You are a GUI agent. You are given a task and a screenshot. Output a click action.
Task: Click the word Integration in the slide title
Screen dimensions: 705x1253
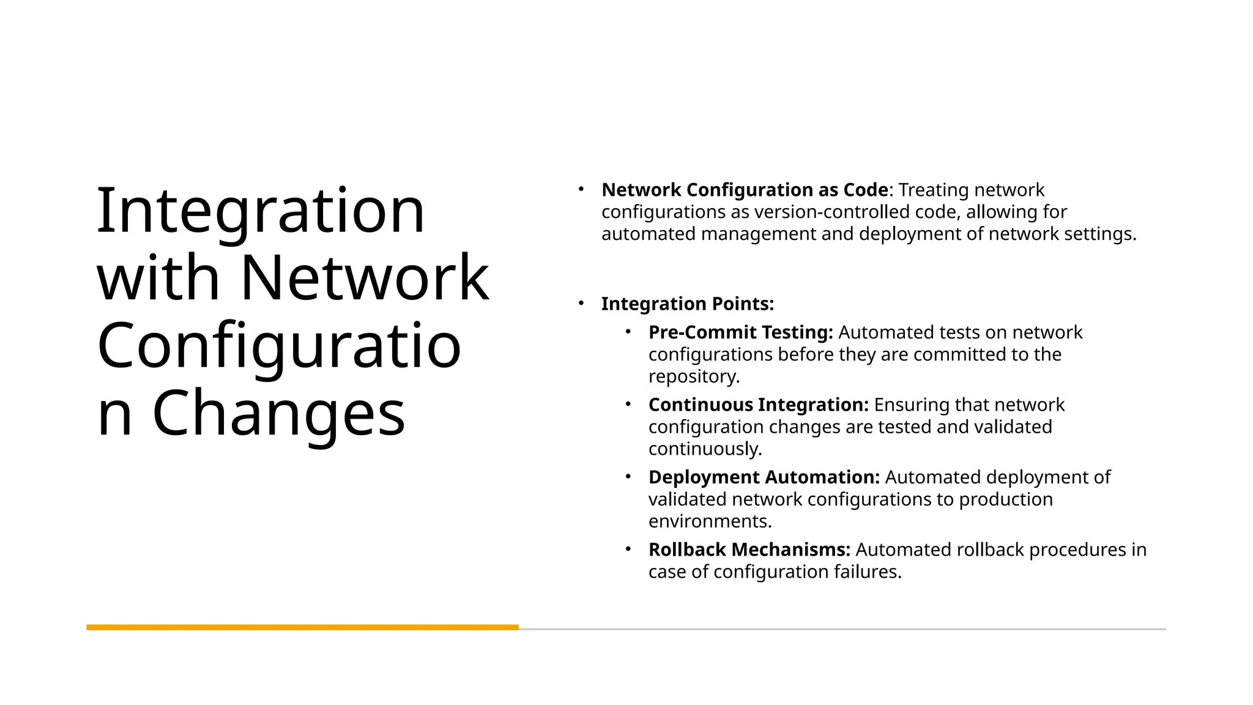point(261,211)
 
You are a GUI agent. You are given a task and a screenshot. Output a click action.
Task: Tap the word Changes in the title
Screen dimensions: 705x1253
point(278,414)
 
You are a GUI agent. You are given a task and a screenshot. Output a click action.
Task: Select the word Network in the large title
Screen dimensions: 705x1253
point(365,278)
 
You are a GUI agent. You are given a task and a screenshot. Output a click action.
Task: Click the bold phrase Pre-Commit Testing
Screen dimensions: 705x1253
point(740,332)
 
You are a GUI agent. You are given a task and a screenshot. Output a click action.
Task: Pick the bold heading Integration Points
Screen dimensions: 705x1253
point(687,304)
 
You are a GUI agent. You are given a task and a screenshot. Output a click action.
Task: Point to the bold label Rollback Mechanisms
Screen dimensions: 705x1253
point(749,550)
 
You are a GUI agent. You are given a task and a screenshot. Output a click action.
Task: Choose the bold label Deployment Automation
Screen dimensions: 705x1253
point(764,477)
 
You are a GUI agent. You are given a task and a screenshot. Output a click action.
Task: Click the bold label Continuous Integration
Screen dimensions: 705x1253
point(758,405)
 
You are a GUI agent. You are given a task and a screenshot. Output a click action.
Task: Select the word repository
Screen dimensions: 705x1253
point(694,376)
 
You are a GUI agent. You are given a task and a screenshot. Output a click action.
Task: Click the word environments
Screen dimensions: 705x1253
point(710,521)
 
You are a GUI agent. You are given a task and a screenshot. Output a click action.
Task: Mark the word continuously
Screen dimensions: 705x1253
point(705,449)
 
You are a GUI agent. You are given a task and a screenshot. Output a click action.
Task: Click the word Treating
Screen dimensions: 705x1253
point(933,190)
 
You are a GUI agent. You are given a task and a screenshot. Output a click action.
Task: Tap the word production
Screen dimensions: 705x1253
point(1005,499)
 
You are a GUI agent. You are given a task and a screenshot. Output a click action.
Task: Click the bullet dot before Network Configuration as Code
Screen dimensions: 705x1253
point(581,189)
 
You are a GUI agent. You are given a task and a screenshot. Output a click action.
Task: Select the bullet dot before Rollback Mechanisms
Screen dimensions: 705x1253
point(628,549)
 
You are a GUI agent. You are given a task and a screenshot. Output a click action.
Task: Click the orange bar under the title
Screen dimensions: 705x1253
point(302,627)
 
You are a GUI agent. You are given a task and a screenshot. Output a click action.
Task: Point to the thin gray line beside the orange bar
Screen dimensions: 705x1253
point(842,629)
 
